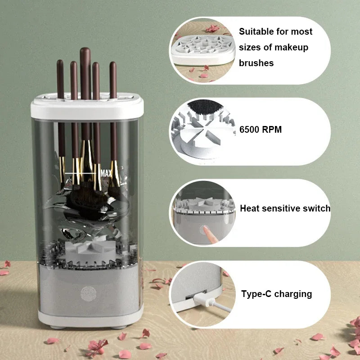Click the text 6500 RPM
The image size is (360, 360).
[261, 130]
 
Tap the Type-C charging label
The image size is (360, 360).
[276, 294]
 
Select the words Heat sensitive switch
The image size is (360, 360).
[285, 208]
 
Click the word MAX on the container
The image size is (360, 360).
[107, 173]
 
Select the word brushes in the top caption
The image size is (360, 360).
[256, 63]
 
